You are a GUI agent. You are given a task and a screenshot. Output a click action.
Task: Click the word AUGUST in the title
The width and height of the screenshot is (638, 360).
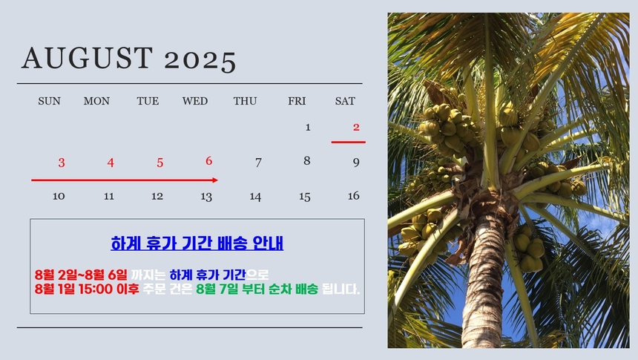coord(88,57)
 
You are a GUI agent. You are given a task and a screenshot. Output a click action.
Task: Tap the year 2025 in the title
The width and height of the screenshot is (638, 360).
coord(200,61)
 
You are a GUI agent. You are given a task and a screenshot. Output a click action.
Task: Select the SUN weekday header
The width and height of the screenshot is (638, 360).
coord(49,101)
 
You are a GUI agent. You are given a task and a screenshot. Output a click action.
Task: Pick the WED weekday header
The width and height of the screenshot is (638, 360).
coord(195,101)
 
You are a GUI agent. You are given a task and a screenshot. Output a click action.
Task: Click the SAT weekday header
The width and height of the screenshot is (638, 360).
coord(345,101)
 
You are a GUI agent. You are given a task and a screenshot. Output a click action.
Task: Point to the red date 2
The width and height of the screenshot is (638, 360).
coord(356,127)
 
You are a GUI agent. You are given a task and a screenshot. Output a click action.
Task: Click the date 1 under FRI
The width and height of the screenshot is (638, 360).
coord(308,128)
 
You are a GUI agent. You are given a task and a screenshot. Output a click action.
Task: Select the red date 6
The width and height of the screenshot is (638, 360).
coord(208,161)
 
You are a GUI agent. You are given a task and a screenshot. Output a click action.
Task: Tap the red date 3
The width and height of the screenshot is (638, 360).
coord(62,163)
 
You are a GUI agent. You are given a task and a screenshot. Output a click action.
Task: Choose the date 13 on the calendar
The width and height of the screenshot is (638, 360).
coord(206,197)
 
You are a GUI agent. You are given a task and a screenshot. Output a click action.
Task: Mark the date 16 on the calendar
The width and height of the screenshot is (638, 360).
coord(354,196)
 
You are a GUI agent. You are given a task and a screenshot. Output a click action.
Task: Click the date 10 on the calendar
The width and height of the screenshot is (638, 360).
coord(59,196)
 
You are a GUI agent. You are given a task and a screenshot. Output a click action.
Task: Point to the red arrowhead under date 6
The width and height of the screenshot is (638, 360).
coord(215,180)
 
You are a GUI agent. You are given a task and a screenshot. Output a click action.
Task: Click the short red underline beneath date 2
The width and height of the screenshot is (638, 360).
coord(348,142)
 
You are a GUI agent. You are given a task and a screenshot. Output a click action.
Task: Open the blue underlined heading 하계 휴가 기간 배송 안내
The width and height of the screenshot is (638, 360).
coord(197,243)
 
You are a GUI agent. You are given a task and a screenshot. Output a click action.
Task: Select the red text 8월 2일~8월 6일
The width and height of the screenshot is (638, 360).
coord(81,275)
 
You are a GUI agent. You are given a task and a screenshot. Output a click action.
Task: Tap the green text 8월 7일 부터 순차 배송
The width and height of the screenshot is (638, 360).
coord(257,289)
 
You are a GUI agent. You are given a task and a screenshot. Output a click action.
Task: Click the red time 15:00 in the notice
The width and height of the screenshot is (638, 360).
coord(96,289)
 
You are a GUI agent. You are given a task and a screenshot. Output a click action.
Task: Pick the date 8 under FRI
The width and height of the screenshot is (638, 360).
coord(307,160)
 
